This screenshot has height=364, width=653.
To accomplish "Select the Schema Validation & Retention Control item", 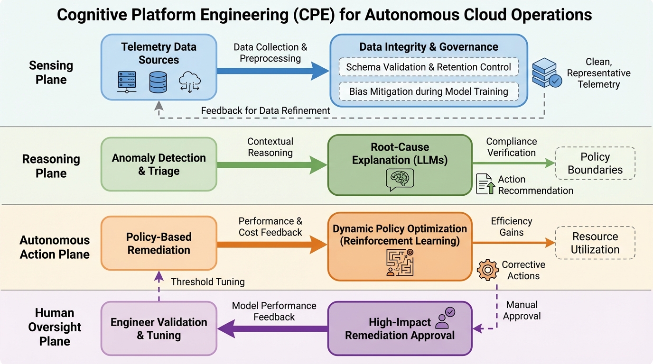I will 429,67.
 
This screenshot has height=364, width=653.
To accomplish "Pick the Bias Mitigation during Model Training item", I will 429,91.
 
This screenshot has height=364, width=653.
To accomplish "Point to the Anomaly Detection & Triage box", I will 159,164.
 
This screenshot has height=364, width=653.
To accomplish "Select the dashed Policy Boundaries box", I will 595,163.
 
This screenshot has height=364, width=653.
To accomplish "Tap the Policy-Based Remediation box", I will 159,243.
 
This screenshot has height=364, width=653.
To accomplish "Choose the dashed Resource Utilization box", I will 595,243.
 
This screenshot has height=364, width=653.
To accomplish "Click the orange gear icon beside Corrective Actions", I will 487,270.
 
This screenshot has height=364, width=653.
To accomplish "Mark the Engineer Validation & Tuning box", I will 159,328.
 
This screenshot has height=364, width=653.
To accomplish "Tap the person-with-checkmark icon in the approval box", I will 445,317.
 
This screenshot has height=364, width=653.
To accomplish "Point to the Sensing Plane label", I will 51,72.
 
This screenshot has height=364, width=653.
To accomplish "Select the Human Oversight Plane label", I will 55,327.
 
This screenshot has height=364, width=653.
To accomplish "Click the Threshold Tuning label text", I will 208,282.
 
